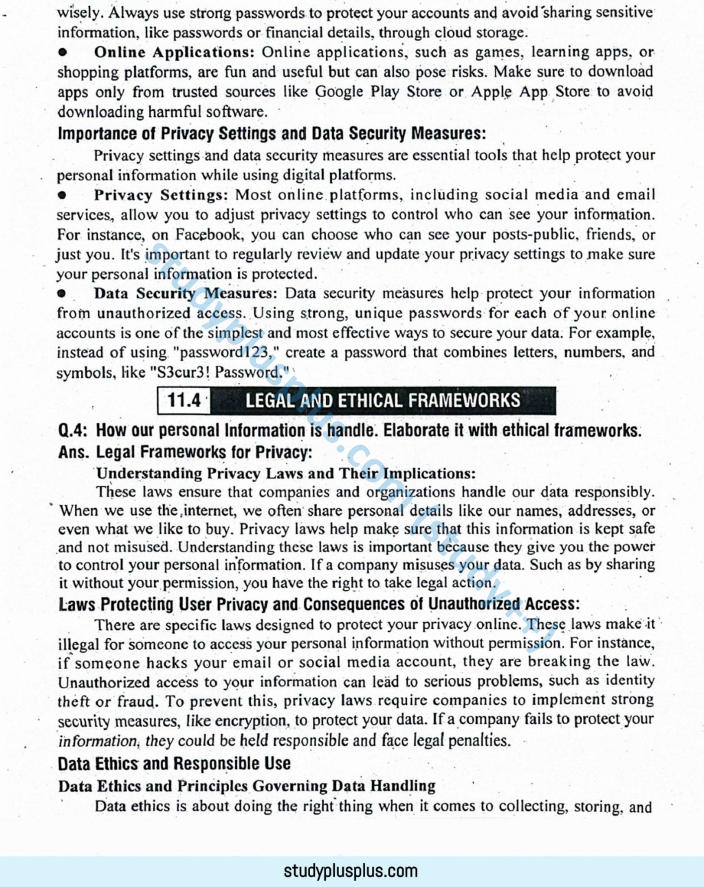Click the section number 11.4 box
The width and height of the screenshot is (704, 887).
tap(184, 400)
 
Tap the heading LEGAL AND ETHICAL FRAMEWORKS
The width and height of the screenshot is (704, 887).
tap(383, 400)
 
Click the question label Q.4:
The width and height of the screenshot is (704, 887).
tap(73, 431)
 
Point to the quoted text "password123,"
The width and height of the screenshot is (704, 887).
tap(224, 353)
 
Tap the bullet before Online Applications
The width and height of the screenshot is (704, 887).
tap(63, 52)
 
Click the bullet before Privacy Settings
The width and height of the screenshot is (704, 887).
tap(63, 195)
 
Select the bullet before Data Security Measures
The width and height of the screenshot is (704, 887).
tap(63, 294)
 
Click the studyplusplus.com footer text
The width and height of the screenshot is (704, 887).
tap(351, 871)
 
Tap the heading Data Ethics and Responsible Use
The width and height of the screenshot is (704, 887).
tap(174, 764)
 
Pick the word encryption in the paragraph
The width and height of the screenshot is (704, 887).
tap(251, 721)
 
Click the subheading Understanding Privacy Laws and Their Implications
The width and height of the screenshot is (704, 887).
tap(285, 474)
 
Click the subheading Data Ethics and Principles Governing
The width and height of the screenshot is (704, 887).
tap(247, 786)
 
